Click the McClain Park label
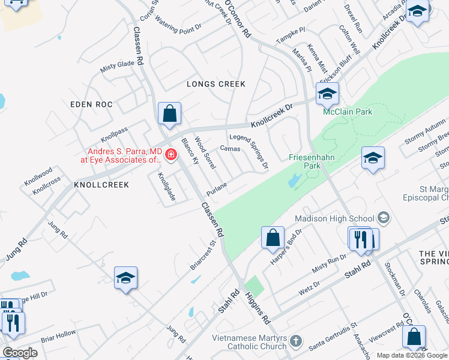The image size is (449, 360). (x=348, y=112)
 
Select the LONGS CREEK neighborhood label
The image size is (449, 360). (x=216, y=84)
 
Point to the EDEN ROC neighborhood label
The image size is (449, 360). (x=91, y=104)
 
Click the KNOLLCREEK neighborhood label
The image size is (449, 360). (x=101, y=185)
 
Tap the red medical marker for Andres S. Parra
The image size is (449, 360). (x=171, y=156)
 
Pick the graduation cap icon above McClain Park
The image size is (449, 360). (x=327, y=94)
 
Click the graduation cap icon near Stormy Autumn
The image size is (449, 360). (x=373, y=158)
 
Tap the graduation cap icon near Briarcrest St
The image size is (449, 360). (x=126, y=277)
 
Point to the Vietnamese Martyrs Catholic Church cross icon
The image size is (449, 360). (x=295, y=341)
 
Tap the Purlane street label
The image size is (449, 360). (x=216, y=189)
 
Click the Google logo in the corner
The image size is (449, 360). (x=20, y=352)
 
